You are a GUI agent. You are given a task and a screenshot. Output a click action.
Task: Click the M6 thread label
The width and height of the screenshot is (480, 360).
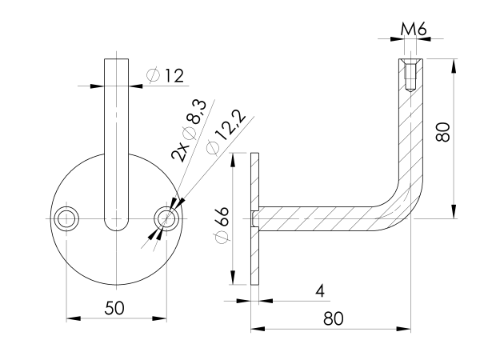413,30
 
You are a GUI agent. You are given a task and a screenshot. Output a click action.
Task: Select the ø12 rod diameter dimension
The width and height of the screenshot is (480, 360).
166,76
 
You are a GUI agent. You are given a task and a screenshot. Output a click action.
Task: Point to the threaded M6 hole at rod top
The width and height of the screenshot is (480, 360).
410,75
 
